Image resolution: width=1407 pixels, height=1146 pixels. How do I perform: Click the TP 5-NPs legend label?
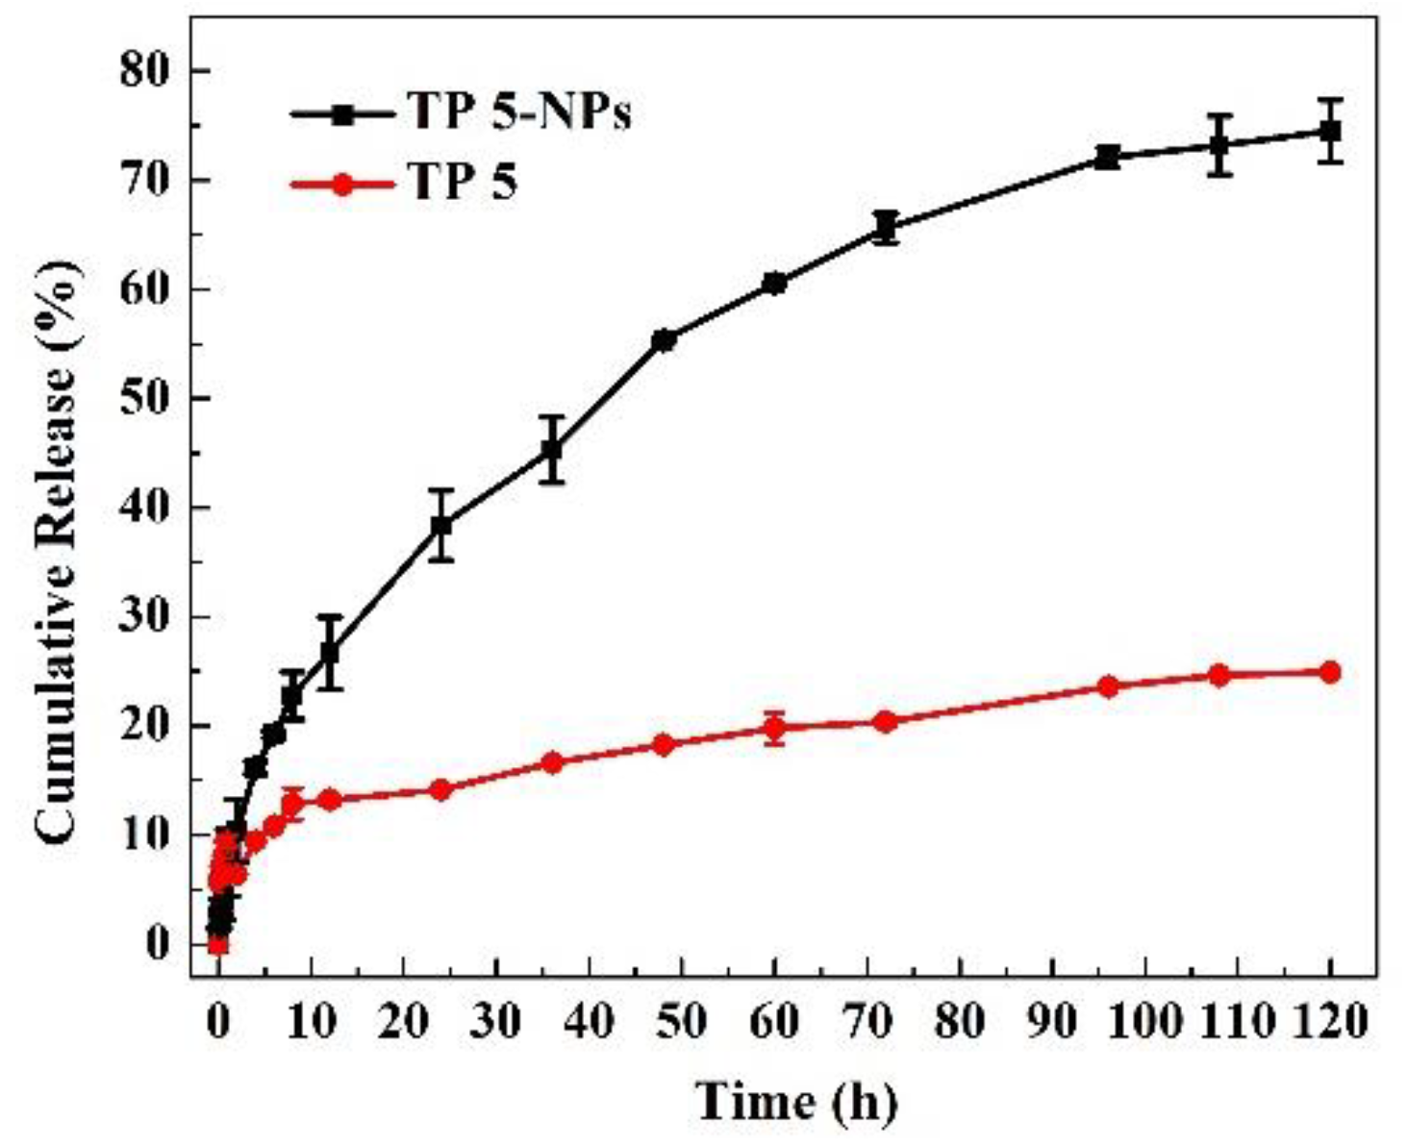click(x=519, y=112)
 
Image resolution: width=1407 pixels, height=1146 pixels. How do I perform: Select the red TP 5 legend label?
click(x=464, y=182)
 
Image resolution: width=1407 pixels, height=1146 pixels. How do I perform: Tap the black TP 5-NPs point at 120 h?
click(x=1330, y=131)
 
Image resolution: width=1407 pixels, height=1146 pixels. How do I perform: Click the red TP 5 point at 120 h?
click(x=1330, y=672)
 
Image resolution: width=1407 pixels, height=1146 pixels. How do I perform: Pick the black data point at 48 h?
click(x=664, y=340)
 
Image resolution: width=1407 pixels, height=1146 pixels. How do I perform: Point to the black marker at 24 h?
click(x=441, y=526)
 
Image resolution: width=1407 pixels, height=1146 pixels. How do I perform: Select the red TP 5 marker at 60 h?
click(x=774, y=728)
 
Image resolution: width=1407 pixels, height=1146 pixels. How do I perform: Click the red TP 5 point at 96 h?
click(x=1108, y=686)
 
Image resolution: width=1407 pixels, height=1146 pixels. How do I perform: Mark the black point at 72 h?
click(x=886, y=229)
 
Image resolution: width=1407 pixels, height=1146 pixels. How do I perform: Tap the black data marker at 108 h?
click(x=1219, y=145)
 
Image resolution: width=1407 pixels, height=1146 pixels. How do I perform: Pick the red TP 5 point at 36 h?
click(x=552, y=762)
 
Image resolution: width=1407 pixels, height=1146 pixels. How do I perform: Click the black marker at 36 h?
click(x=552, y=450)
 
